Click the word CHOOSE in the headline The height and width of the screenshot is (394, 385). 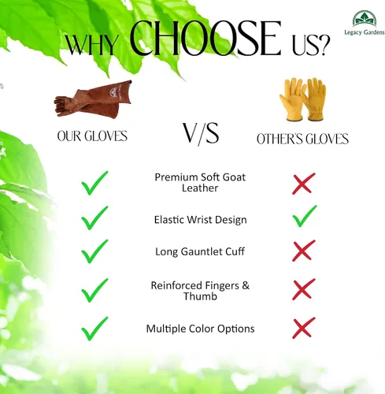[205, 38]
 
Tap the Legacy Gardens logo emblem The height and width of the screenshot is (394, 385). [365, 18]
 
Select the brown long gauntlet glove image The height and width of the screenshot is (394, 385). [93, 98]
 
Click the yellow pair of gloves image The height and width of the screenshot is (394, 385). [303, 99]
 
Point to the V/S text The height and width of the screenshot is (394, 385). [201, 133]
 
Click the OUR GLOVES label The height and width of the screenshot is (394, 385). [92, 136]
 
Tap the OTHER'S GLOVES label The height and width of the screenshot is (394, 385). [302, 139]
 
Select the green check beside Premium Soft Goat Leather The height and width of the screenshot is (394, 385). [94, 183]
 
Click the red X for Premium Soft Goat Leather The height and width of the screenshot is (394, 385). [304, 184]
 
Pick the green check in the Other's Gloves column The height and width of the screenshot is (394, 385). [305, 216]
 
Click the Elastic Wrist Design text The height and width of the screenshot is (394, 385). [200, 220]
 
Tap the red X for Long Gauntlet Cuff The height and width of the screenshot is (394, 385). [304, 251]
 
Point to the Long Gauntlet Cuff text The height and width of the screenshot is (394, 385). [200, 251]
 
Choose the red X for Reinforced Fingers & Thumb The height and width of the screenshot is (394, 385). [304, 289]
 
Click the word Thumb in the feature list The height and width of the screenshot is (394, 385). [200, 296]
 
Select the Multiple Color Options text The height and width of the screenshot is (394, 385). [200, 329]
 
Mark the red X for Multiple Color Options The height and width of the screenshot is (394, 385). [304, 328]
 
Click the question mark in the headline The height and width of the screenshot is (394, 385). [324, 45]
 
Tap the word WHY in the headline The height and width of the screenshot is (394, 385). [91, 45]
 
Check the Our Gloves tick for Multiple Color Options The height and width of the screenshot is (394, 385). [94, 329]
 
